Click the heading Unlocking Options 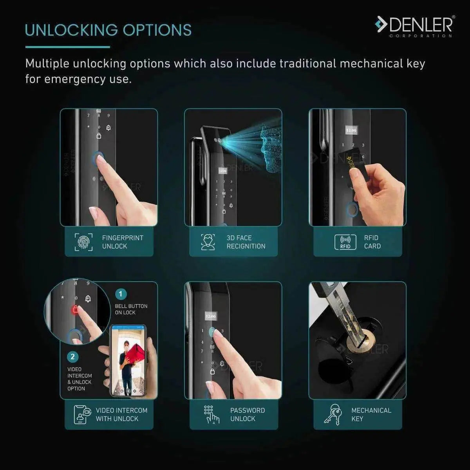[108, 30]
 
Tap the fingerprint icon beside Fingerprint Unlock [83, 242]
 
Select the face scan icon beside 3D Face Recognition [208, 242]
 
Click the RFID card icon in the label [345, 242]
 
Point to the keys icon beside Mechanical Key [333, 414]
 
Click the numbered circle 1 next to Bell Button [121, 294]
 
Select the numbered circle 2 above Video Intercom [72, 357]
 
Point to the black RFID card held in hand [358, 164]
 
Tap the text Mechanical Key [371, 414]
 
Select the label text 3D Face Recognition [246, 242]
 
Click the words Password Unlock [247, 414]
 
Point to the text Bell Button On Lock [131, 309]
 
